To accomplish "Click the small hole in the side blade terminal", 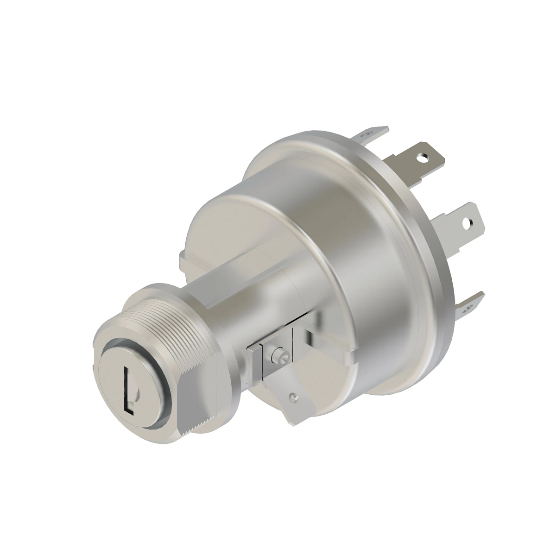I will click(x=292, y=397).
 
